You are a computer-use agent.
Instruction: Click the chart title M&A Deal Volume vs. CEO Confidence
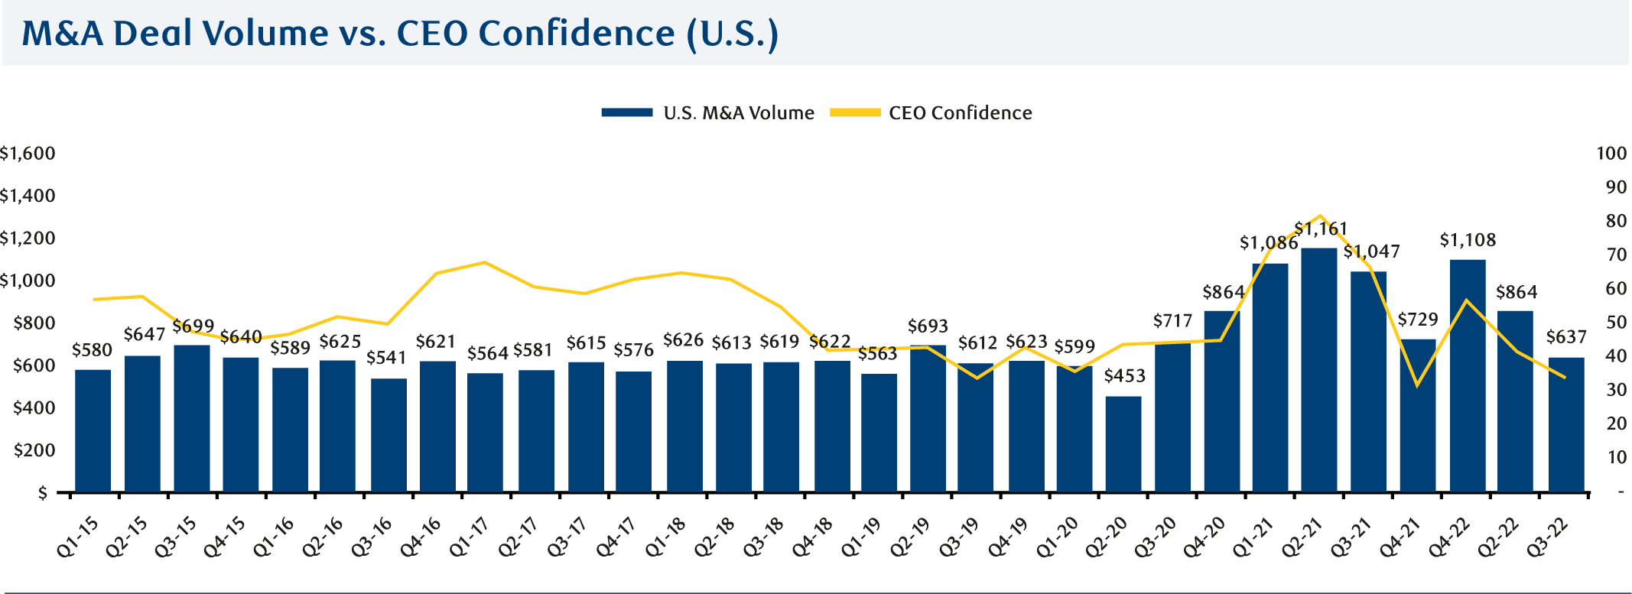(x=399, y=34)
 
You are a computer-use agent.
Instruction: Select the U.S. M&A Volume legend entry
(x=707, y=113)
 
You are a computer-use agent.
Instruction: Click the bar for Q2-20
(x=1123, y=443)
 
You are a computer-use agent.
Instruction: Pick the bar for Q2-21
(x=1318, y=370)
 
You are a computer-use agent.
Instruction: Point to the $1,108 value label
(x=1467, y=241)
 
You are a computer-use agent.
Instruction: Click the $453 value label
(x=1124, y=376)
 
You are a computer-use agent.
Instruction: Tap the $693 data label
(x=928, y=327)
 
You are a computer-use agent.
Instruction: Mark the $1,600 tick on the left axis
(x=28, y=154)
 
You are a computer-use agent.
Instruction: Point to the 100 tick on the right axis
(x=1611, y=154)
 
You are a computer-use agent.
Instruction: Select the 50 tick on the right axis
(x=1615, y=323)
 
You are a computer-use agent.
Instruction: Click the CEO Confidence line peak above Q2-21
(x=1321, y=216)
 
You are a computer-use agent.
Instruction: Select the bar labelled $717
(x=1172, y=417)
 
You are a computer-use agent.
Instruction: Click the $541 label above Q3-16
(x=386, y=358)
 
